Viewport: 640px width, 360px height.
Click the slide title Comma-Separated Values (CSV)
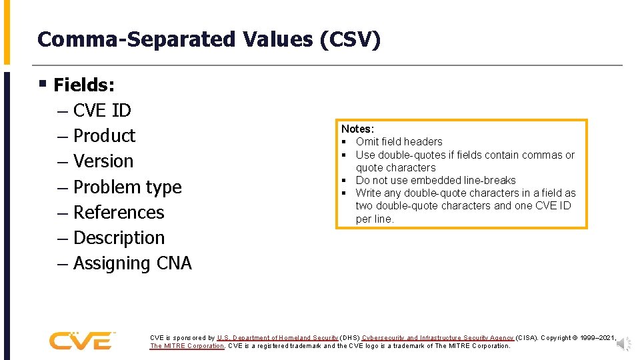[x=209, y=39]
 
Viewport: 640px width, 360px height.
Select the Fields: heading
[x=84, y=85]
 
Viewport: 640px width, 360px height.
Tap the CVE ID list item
[x=102, y=110]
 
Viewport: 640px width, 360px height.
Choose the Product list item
[x=104, y=135]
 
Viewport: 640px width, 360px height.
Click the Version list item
[x=103, y=161]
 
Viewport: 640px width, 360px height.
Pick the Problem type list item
[x=127, y=187]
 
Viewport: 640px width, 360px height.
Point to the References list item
[x=119, y=213]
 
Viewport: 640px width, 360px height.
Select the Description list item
[x=119, y=238]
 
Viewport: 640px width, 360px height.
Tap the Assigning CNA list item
[x=132, y=263]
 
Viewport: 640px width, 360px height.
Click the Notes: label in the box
[x=357, y=129]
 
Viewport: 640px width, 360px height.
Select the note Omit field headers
[x=399, y=141]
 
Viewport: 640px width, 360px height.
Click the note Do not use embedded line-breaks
[x=435, y=180]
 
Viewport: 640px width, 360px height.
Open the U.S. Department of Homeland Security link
[x=277, y=338]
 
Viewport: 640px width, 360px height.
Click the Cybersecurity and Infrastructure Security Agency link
[x=437, y=338]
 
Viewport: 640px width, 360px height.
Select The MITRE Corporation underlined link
[x=187, y=346]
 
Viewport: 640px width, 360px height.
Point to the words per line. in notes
[x=375, y=219]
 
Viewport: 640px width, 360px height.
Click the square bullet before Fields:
[x=42, y=85]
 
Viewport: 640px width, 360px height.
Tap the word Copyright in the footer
[x=560, y=338]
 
